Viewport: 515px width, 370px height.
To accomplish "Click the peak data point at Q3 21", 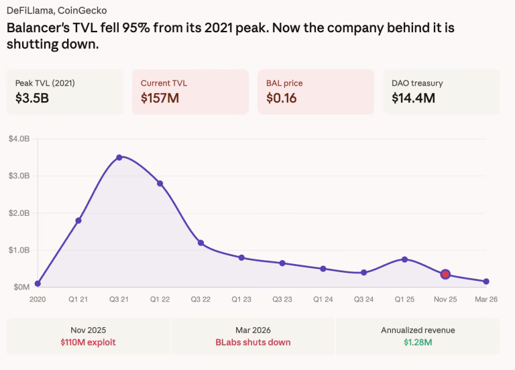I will (119, 158).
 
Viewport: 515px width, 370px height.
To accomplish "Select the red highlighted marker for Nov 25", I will (445, 274).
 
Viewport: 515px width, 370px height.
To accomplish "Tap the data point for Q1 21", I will (78, 221).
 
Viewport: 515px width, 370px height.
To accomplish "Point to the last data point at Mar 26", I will (486, 282).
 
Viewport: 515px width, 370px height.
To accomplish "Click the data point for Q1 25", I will (404, 259).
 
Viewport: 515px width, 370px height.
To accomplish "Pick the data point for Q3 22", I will (201, 243).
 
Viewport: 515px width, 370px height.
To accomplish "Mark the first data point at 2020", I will (38, 284).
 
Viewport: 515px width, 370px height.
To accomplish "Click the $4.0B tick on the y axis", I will (19, 139).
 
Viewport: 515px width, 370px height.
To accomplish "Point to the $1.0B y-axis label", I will (19, 250).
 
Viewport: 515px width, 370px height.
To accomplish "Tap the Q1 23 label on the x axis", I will (241, 300).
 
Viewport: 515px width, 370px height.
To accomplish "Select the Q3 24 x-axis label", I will (363, 300).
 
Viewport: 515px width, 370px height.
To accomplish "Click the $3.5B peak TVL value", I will (32, 99).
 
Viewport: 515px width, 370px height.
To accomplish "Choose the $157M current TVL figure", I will (160, 99).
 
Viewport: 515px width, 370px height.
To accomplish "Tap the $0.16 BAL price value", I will (282, 99).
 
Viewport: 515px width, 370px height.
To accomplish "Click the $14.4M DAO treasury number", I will (413, 99).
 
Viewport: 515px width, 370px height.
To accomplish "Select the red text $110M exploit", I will (88, 343).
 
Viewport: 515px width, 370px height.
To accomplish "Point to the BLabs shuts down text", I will (253, 343).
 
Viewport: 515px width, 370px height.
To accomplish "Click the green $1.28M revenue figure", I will (418, 343).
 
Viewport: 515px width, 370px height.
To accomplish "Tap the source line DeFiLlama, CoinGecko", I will (56, 11).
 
